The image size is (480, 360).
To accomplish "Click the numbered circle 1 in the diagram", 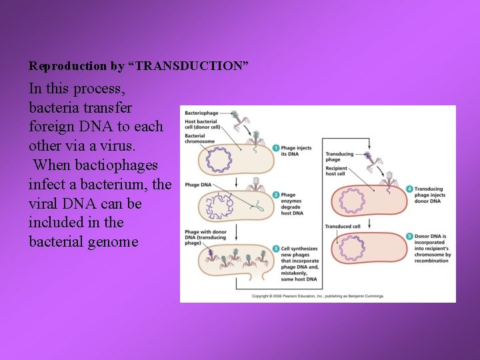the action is (x=275, y=149).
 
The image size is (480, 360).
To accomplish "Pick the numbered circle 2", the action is (x=275, y=195).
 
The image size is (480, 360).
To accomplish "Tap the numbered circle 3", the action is (x=275, y=249).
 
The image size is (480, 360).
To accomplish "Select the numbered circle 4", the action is (x=409, y=189).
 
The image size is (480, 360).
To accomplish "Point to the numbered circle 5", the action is (x=409, y=237).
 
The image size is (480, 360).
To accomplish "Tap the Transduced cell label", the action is (x=343, y=226).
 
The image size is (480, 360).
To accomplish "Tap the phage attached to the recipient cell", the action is (x=389, y=178).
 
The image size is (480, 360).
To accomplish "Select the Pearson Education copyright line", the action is (x=317, y=295).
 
